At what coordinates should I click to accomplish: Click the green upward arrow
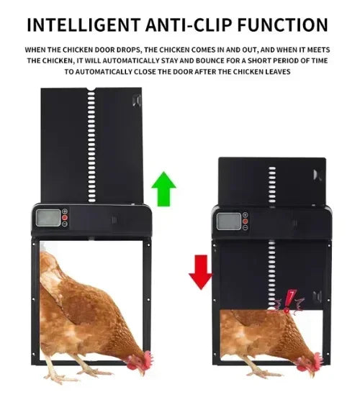tap(163, 189)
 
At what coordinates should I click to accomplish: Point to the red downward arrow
tap(199, 271)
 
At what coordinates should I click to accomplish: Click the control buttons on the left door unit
tap(65, 218)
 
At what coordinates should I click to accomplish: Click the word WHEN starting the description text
tap(37, 50)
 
